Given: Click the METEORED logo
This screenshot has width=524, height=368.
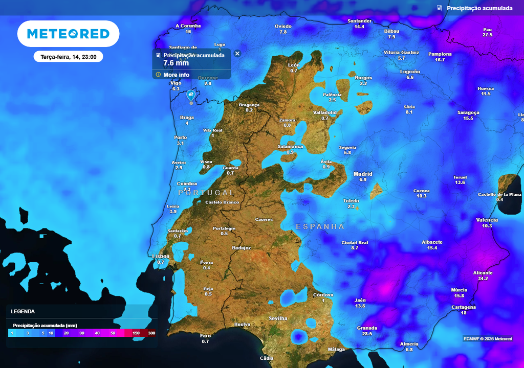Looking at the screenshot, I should (68, 34).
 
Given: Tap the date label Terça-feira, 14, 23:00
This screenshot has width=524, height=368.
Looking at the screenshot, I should (68, 57).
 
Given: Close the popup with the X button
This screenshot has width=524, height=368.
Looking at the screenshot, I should (237, 53).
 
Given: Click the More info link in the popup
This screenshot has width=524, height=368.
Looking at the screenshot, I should (176, 75).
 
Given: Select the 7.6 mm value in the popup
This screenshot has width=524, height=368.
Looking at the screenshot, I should (176, 63).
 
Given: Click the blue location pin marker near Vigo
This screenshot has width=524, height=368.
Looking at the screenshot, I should (190, 95).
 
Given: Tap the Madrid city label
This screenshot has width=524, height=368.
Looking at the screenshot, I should (363, 174).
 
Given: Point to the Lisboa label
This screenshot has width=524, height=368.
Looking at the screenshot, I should (161, 256).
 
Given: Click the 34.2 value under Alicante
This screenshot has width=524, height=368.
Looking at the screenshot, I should (483, 279).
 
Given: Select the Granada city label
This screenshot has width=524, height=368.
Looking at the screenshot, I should (367, 328).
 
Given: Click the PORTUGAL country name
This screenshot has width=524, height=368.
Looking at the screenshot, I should (206, 193).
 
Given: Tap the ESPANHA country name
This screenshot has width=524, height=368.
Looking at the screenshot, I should (320, 226).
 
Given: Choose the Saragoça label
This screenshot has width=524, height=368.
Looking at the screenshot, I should (468, 112).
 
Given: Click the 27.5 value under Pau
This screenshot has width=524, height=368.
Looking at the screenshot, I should (487, 35).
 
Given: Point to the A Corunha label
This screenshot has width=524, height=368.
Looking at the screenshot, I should (188, 26).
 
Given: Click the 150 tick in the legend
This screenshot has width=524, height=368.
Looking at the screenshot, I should (136, 333).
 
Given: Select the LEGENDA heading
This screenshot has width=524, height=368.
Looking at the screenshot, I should (23, 311).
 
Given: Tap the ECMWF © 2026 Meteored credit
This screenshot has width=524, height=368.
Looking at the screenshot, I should (488, 339).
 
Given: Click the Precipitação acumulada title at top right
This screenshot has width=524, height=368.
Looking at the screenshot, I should (479, 8).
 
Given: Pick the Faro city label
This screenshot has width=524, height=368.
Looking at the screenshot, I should (205, 336).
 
